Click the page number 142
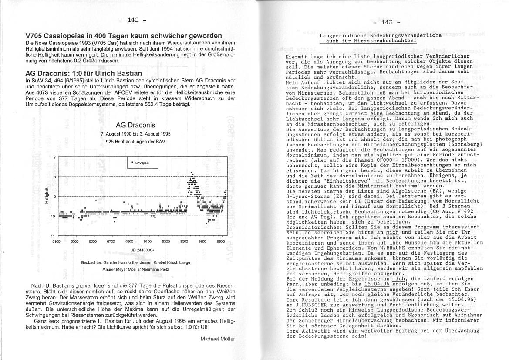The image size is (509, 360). pos(133,20)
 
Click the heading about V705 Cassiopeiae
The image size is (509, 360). pos(123,35)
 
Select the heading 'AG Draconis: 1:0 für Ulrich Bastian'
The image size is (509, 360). pos(84,73)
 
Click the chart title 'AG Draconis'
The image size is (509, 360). pos(135,125)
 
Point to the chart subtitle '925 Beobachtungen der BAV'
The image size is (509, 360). pos(135,141)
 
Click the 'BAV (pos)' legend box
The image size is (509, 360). pos(142,163)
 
